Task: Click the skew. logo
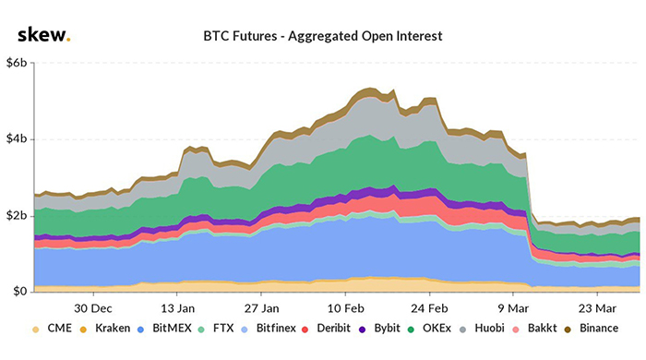pyautogui.click(x=42, y=35)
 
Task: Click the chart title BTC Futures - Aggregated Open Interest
pyautogui.click(x=323, y=37)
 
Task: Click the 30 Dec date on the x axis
pyautogui.click(x=93, y=308)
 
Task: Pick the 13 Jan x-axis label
pyautogui.click(x=178, y=308)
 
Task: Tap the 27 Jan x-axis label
pyautogui.click(x=263, y=308)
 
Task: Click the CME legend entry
pyautogui.click(x=56, y=329)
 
